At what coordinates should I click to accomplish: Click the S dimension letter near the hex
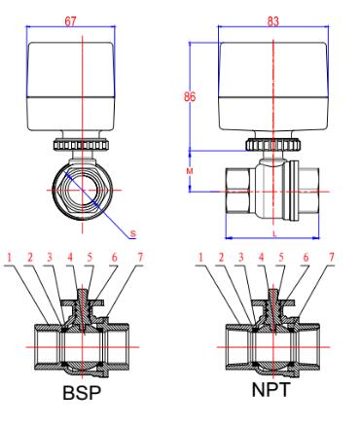pyautogui.click(x=132, y=234)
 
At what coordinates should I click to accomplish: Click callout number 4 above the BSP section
pyautogui.click(x=71, y=259)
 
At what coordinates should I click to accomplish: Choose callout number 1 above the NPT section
pyautogui.click(x=202, y=259)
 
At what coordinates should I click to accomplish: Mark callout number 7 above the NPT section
pyautogui.click(x=334, y=259)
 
